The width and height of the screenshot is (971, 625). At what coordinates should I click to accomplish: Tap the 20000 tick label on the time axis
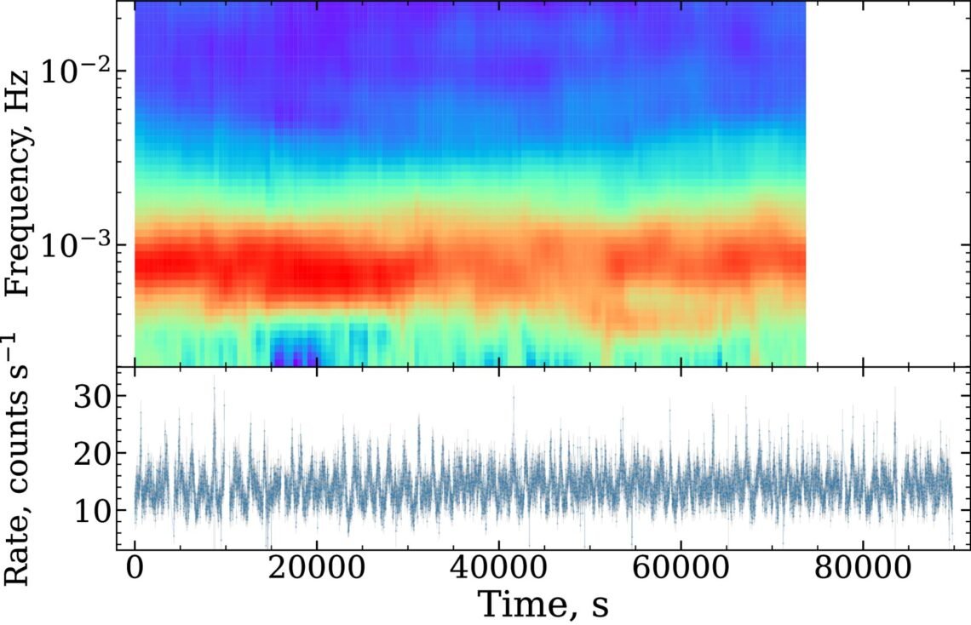pyautogui.click(x=317, y=568)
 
